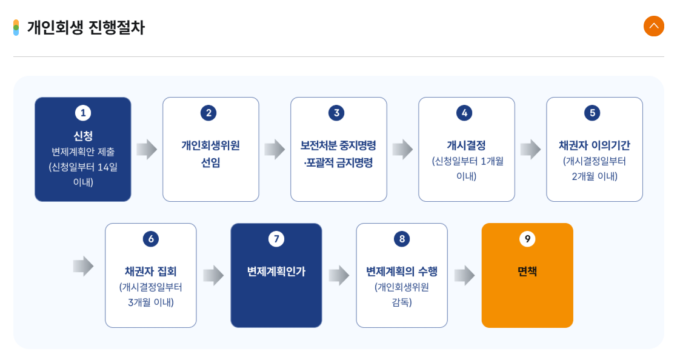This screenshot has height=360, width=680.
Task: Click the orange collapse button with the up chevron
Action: [653, 26]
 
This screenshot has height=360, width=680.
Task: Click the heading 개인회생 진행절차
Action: [85, 28]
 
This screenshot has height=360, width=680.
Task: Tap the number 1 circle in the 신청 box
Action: [83, 113]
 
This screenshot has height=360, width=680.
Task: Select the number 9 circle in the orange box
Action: [527, 239]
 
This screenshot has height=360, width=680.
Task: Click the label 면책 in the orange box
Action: [527, 272]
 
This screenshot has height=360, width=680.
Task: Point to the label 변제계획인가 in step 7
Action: [276, 272]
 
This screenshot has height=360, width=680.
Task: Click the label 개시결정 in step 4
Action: [466, 145]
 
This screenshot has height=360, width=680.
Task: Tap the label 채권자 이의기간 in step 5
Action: [594, 145]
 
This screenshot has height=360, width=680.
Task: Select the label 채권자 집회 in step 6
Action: [151, 272]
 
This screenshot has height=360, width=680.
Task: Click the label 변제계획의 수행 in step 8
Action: [402, 272]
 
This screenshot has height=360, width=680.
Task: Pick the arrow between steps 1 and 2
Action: [147, 149]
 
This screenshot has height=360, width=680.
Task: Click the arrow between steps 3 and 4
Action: [402, 149]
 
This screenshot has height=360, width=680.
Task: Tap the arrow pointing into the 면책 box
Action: [464, 275]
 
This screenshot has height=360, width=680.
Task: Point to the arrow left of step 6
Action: [83, 265]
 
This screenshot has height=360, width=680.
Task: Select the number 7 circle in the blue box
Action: [276, 239]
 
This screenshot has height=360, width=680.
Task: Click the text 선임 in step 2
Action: [210, 162]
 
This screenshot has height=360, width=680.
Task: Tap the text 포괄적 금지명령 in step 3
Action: [339, 162]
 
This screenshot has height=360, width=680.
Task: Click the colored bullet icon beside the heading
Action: [16, 28]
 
